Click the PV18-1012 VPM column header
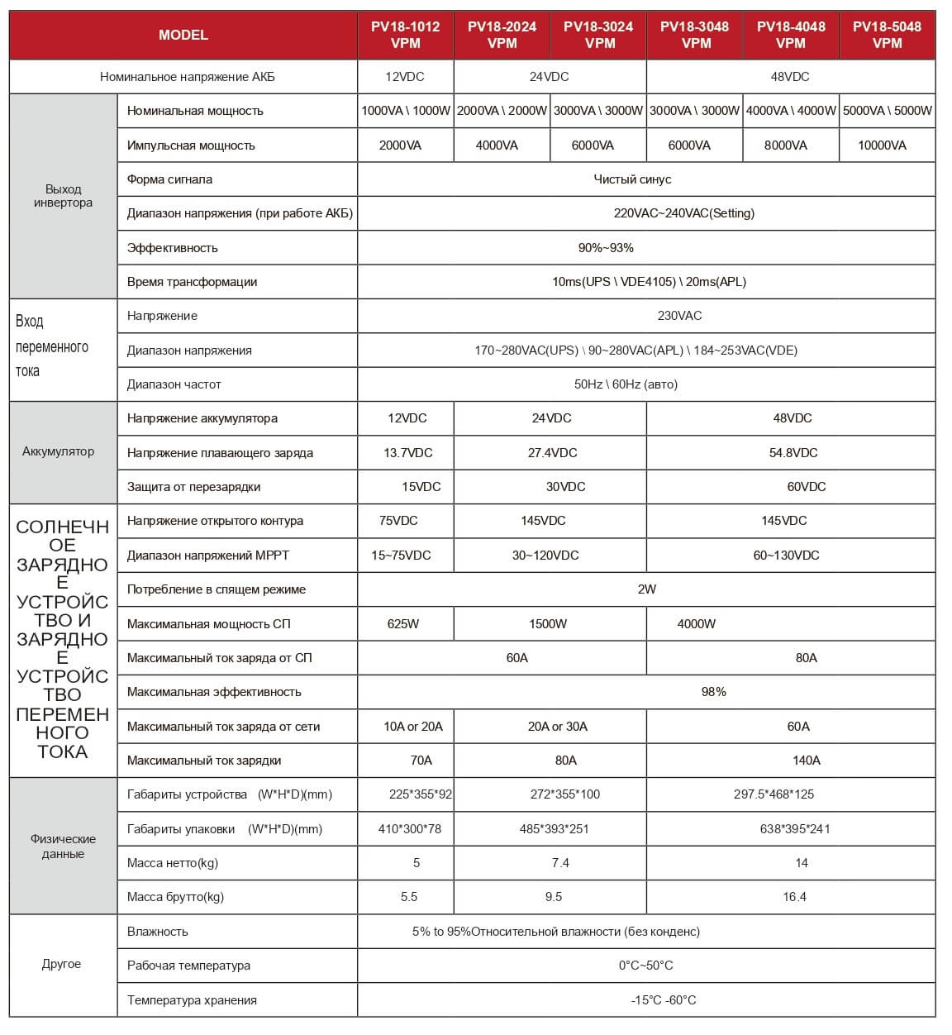coord(405,35)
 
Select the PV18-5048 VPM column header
coord(887,35)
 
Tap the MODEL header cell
coord(183,35)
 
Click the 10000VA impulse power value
coord(882,145)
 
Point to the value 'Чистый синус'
coord(632,179)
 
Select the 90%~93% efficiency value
coord(606,248)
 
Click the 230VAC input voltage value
coord(679,316)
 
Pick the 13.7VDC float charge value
coord(408,453)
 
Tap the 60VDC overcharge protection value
coord(807,487)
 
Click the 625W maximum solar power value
coord(403,624)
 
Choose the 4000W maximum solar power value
coord(697,624)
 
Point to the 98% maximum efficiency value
coord(713,692)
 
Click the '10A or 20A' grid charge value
coord(413,727)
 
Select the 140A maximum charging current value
coord(807,761)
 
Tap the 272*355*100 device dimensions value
coord(565,794)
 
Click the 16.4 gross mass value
coord(794,897)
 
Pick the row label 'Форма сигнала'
coord(169,179)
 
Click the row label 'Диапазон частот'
coord(174,384)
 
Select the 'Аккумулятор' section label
coord(59,451)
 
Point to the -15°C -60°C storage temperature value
coord(664,1000)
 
